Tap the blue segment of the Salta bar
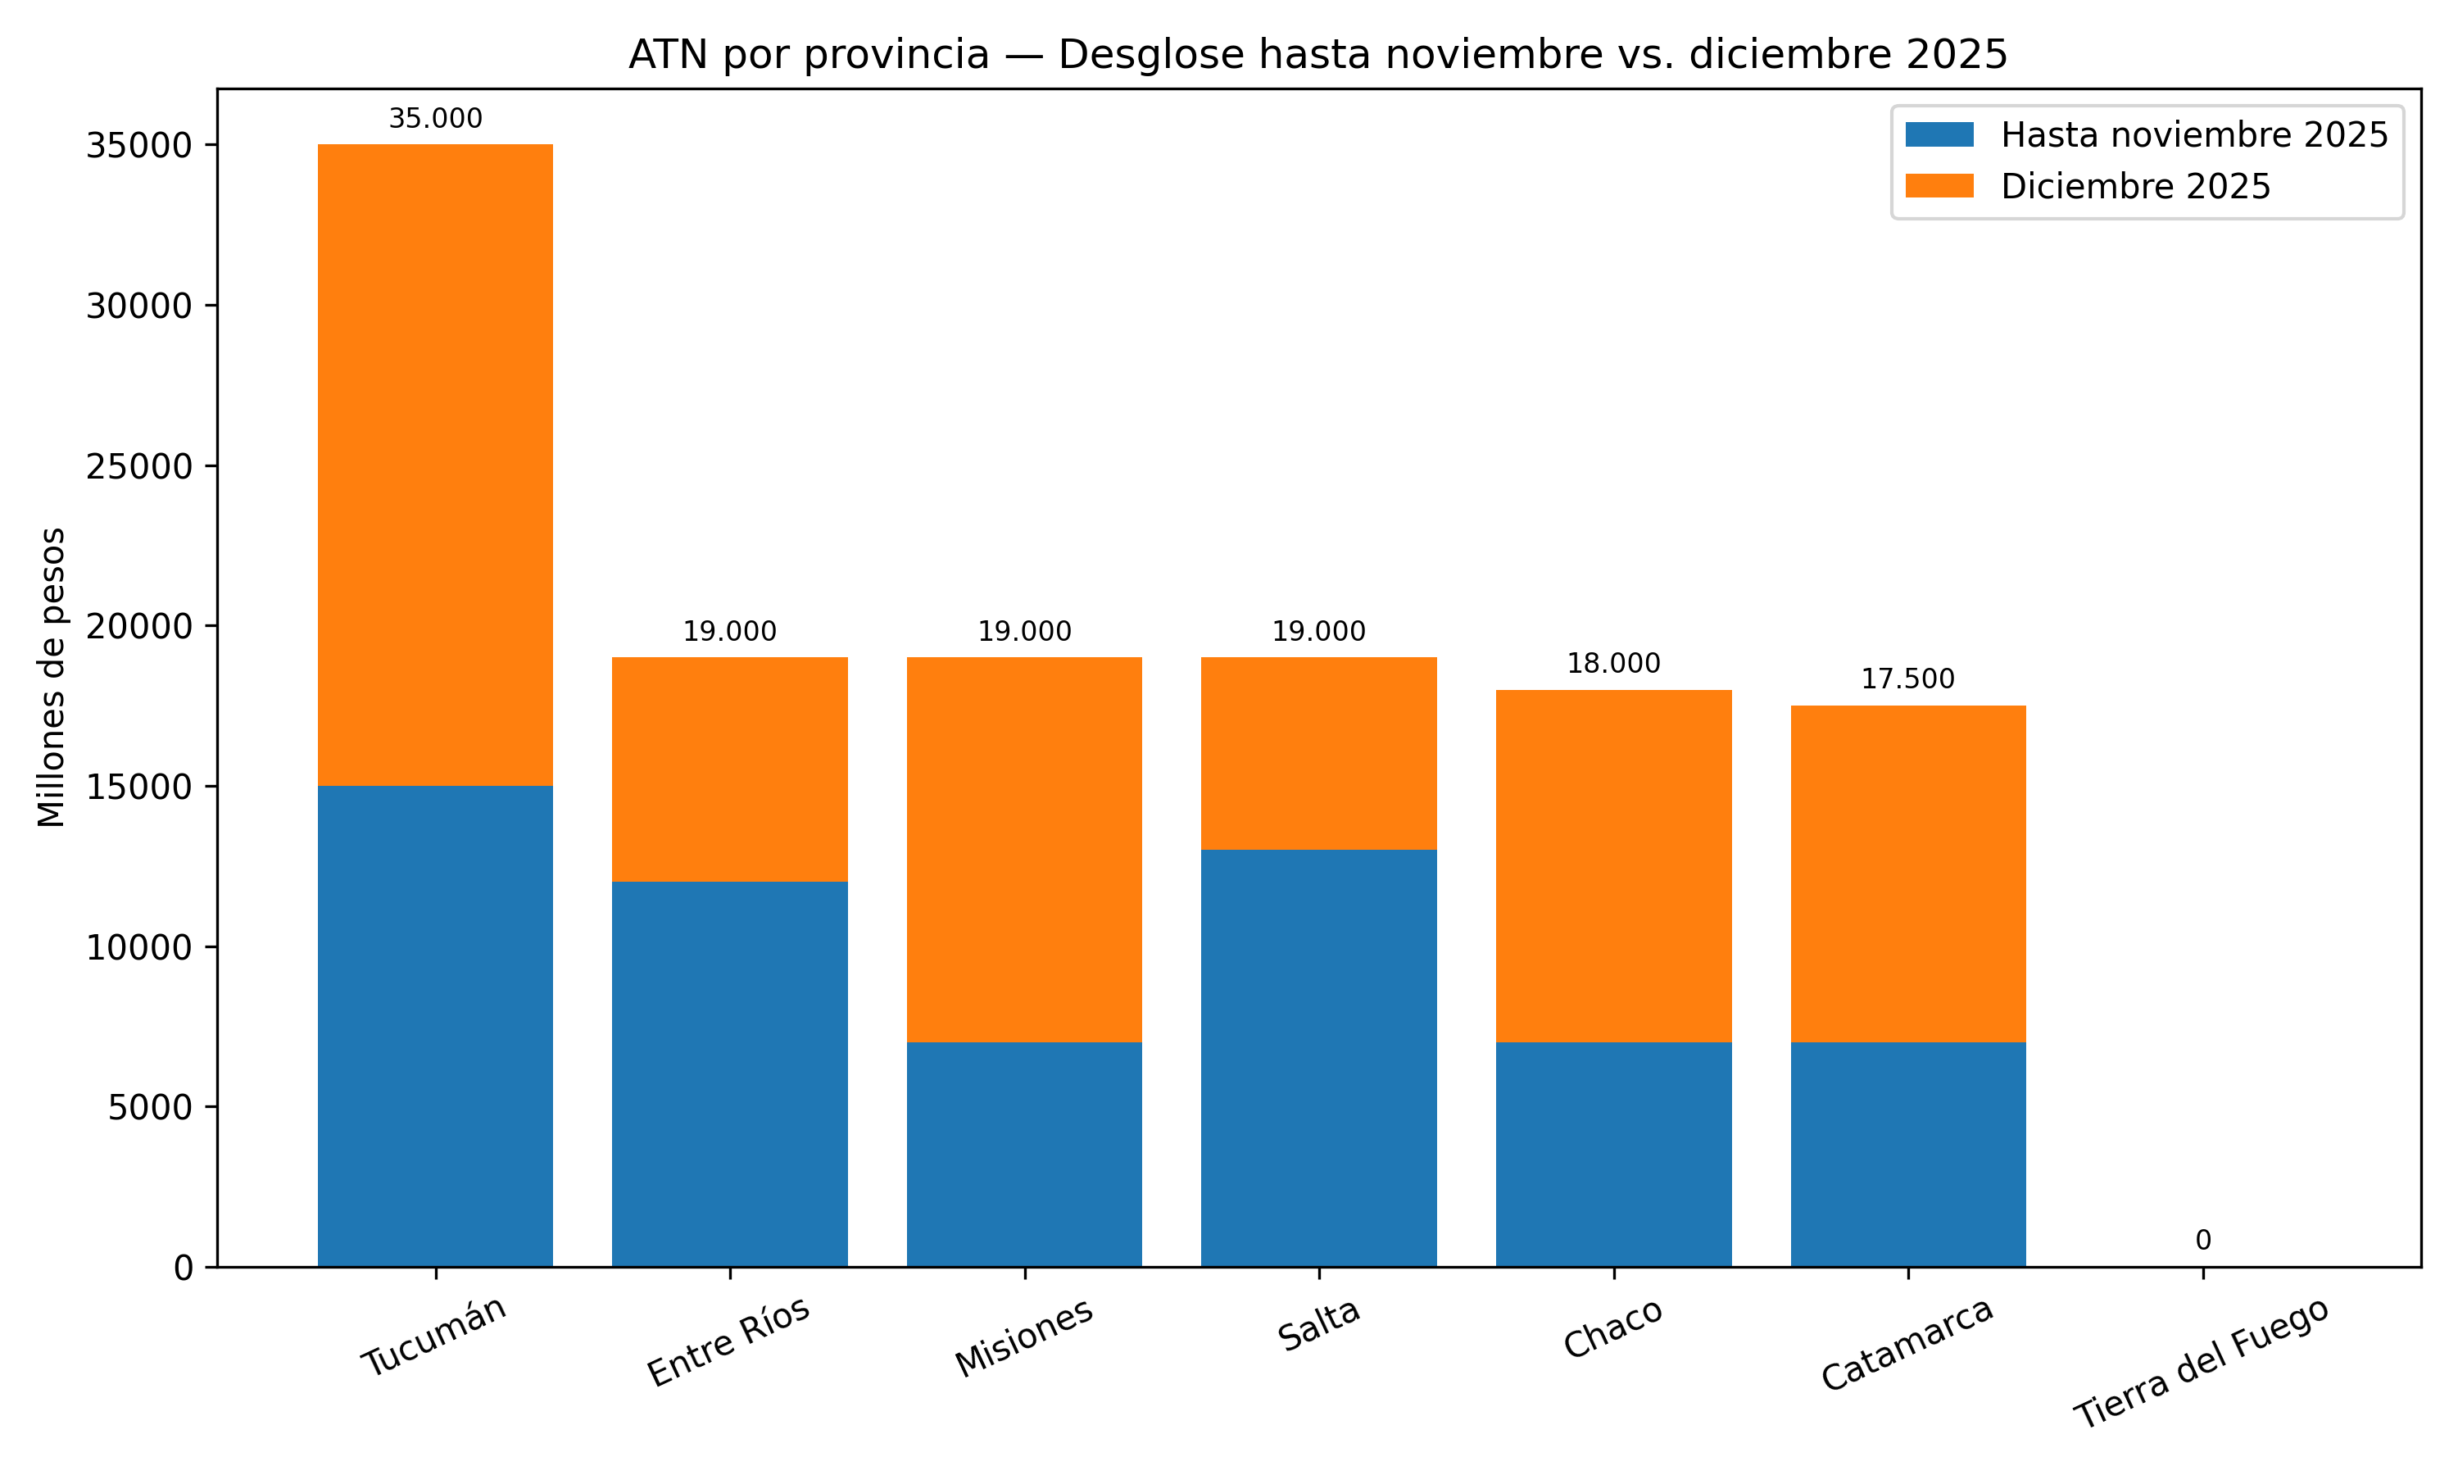pyautogui.click(x=1318, y=1058)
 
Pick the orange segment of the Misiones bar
pyautogui.click(x=1024, y=849)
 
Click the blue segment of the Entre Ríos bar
pyautogui.click(x=729, y=1073)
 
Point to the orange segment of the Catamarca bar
pyautogui.click(x=1907, y=874)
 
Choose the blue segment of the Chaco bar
pyautogui.click(x=1613, y=1154)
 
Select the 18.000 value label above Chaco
pyautogui.click(x=1613, y=664)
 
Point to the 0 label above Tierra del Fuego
pyautogui.click(x=2202, y=1241)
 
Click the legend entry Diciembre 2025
pyautogui.click(x=2135, y=187)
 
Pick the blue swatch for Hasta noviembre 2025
pyautogui.click(x=1939, y=135)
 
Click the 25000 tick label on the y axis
pyautogui.click(x=139, y=466)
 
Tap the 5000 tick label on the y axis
pyautogui.click(x=149, y=1107)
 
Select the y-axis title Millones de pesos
pyautogui.click(x=52, y=677)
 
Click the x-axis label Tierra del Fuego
pyautogui.click(x=2201, y=1364)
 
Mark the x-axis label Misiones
pyautogui.click(x=1023, y=1338)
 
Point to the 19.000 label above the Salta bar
pyautogui.click(x=1318, y=632)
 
